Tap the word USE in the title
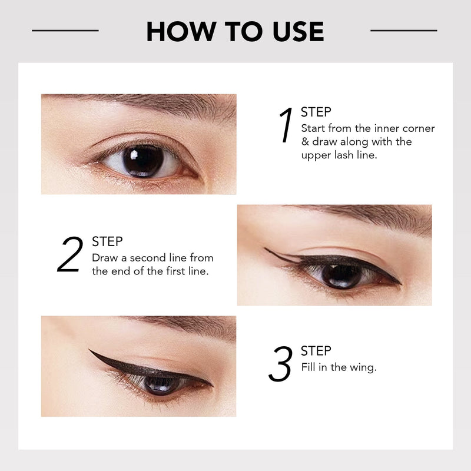pyautogui.click(x=298, y=31)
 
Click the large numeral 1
pyautogui.click(x=286, y=125)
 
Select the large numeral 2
pyautogui.click(x=70, y=254)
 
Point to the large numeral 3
pyautogui.click(x=280, y=364)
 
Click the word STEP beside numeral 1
pyautogui.click(x=316, y=112)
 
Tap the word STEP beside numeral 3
pyautogui.click(x=316, y=350)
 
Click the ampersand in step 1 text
pyautogui.click(x=305, y=141)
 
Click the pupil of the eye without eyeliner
pyautogui.click(x=143, y=161)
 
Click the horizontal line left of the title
pyautogui.click(x=65, y=31)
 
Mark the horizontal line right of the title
pyautogui.click(x=404, y=31)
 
